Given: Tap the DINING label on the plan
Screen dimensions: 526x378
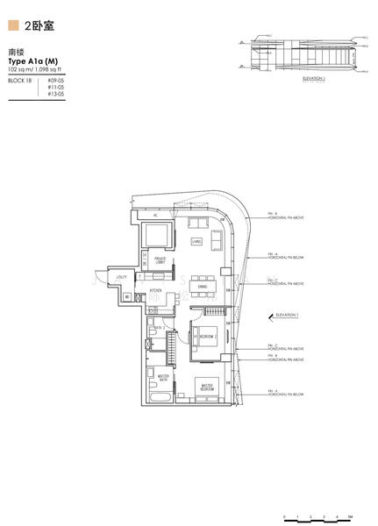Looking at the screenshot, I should click(x=202, y=286).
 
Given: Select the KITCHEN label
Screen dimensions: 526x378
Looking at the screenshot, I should click(x=155, y=290).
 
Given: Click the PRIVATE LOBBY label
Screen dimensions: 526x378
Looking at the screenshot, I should click(x=160, y=260).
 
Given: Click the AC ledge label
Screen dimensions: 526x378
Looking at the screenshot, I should click(x=155, y=214).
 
